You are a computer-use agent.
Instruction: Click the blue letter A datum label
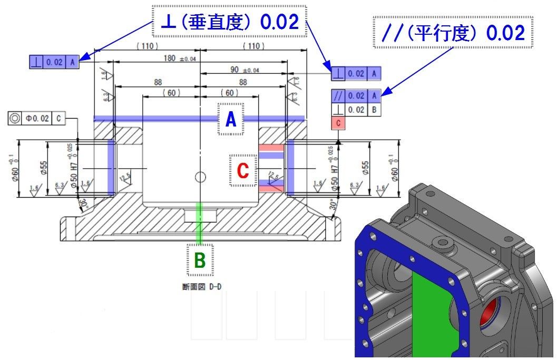tap(231, 119)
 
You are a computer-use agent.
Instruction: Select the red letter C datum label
tap(243, 170)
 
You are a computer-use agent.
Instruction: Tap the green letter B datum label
tap(200, 260)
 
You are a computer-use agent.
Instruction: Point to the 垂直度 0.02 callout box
tap(229, 22)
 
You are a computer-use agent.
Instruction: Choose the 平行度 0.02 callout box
tap(453, 33)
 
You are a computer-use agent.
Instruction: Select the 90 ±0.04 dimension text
tap(245, 70)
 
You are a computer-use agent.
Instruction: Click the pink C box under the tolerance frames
tap(338, 123)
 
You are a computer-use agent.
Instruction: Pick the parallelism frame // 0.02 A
tap(356, 95)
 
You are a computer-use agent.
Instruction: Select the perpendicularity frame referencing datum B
tap(356, 110)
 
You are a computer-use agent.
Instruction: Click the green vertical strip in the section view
tap(200, 222)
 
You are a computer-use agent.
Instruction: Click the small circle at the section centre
tap(200, 177)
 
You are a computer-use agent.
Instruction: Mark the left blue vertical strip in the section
tap(111, 168)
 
